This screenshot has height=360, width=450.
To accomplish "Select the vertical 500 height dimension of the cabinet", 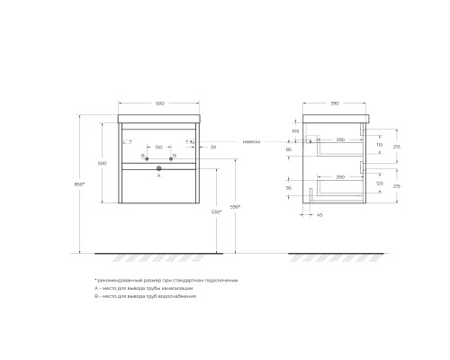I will [102, 163].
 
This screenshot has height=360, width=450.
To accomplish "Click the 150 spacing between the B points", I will [158, 147].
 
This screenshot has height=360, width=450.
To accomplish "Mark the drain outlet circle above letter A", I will [158, 168].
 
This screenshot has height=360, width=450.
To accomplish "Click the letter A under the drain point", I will [158, 177].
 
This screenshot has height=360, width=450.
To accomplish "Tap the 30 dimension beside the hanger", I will [212, 147].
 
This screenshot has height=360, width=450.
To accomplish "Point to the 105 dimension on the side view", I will [295, 130].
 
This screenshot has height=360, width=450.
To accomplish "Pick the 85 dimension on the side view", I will [288, 149].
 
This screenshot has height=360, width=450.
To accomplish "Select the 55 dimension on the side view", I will [288, 190].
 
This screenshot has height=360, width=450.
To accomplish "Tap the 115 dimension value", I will [381, 146].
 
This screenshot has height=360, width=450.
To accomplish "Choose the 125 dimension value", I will [381, 184].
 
